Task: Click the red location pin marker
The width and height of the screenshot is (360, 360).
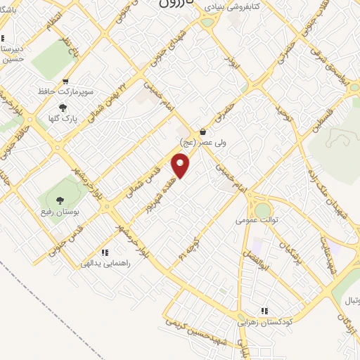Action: pos(181,166)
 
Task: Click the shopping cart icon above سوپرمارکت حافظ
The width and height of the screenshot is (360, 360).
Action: pos(65,82)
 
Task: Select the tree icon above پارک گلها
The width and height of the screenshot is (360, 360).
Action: pos(63,107)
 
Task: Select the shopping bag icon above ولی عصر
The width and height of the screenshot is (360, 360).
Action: pos(202,131)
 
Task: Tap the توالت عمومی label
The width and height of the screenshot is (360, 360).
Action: pos(257,219)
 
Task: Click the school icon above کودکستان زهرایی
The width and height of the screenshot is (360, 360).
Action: pos(264,311)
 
